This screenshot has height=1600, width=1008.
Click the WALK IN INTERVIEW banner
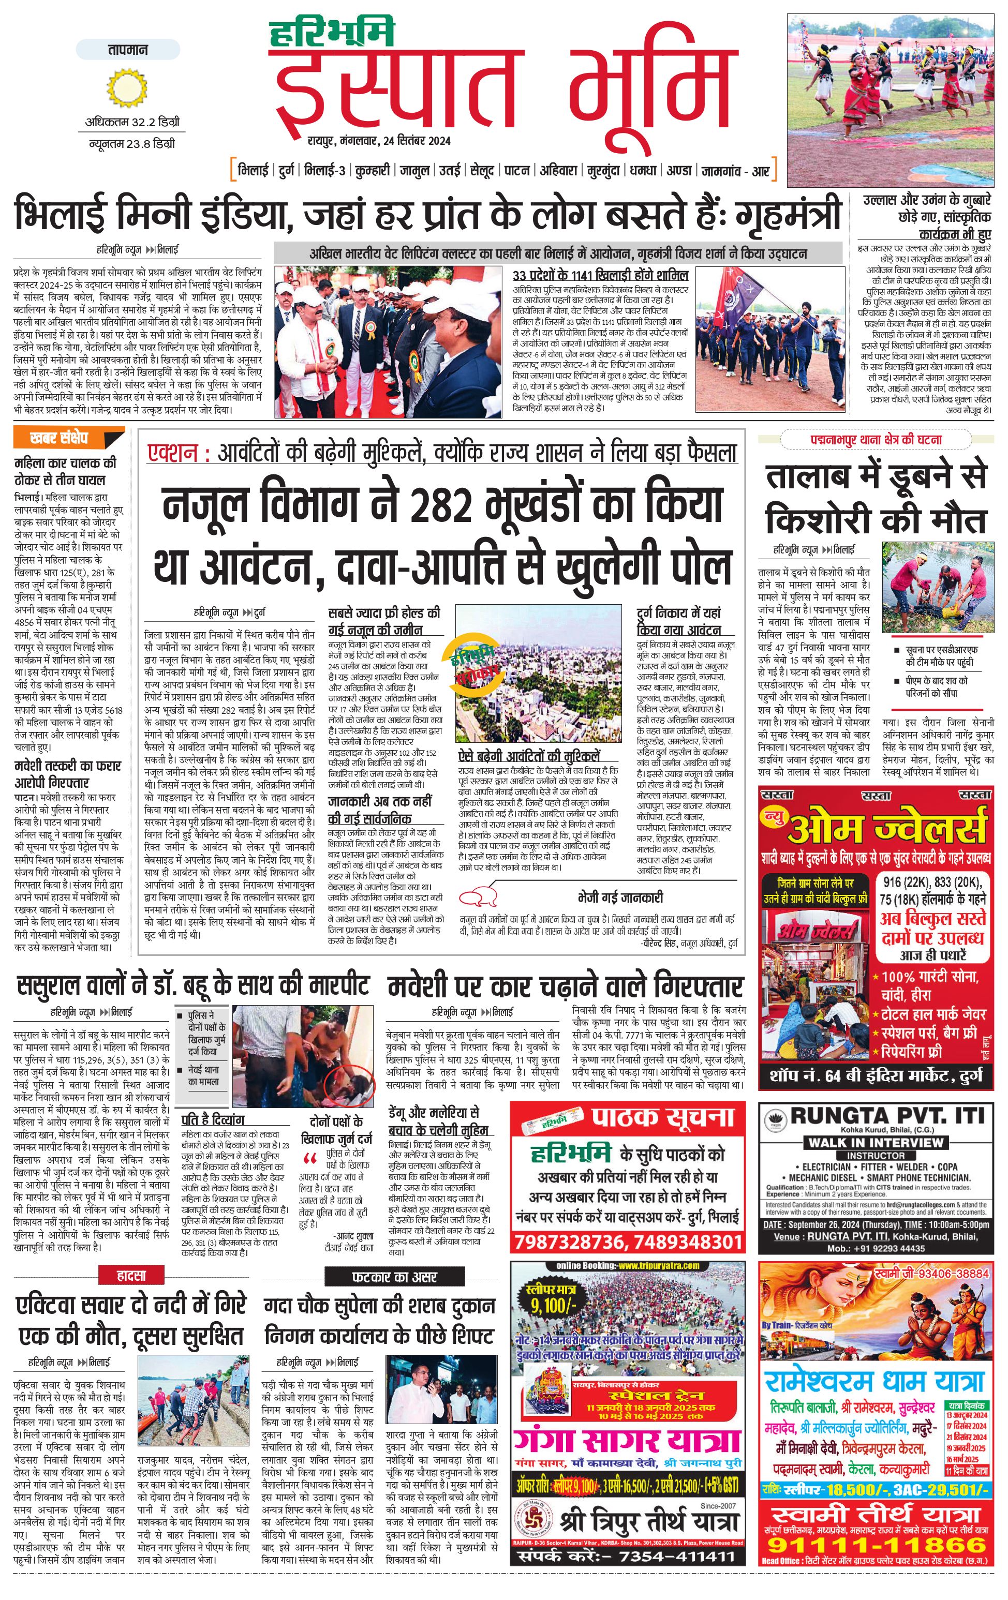[875, 1142]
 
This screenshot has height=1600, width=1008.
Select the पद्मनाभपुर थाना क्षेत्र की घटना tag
[875, 440]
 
